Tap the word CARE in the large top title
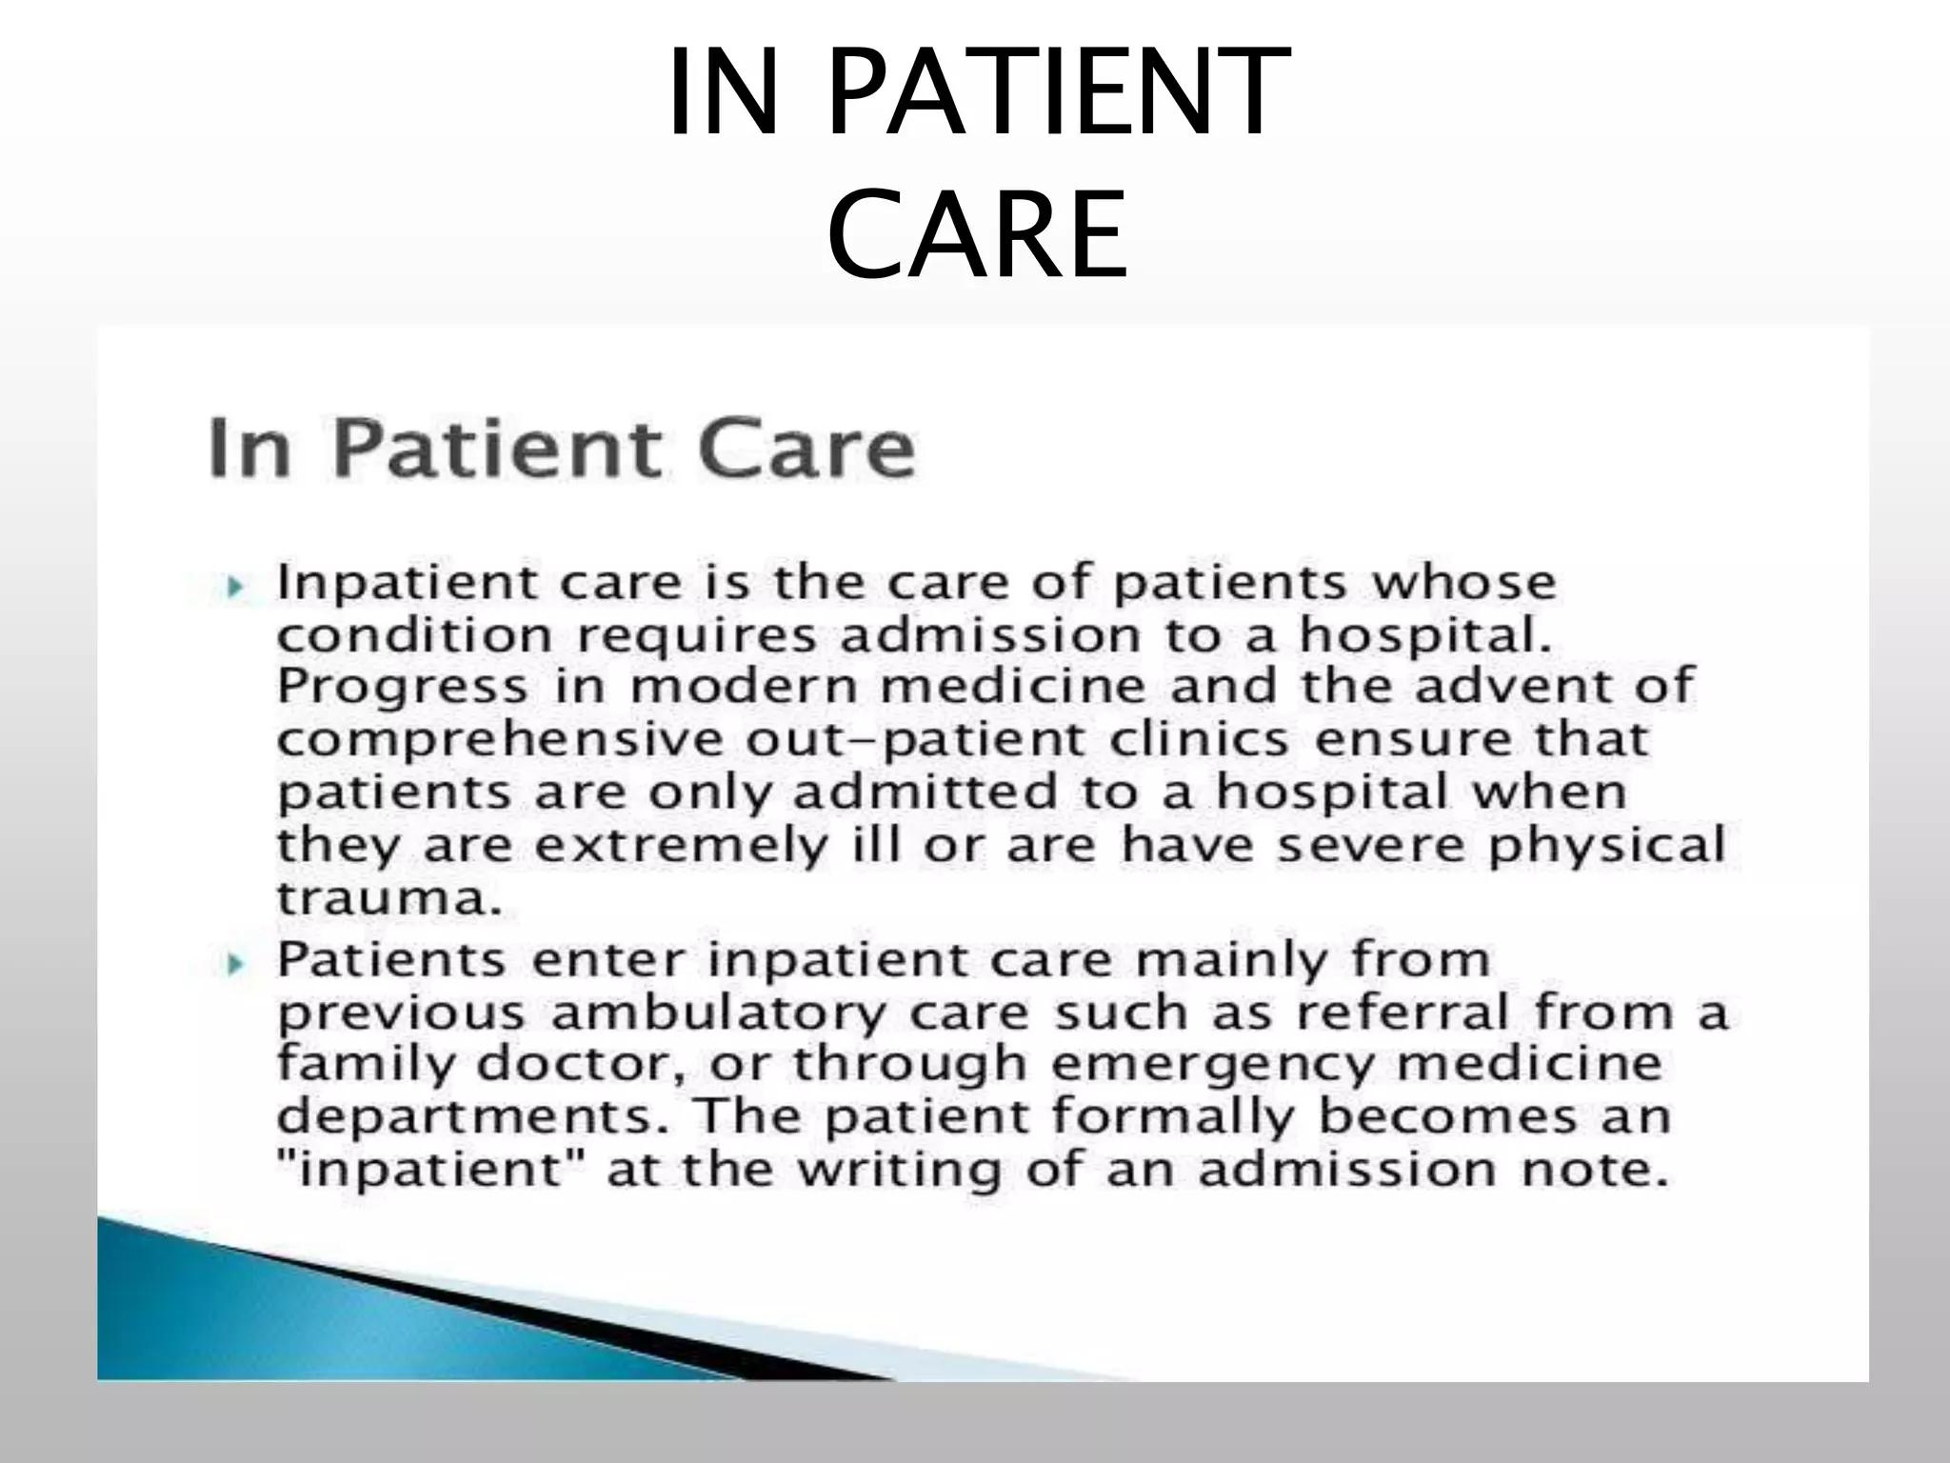tap(977, 233)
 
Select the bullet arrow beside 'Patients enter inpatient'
tap(235, 964)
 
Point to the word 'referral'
tap(1403, 1012)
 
